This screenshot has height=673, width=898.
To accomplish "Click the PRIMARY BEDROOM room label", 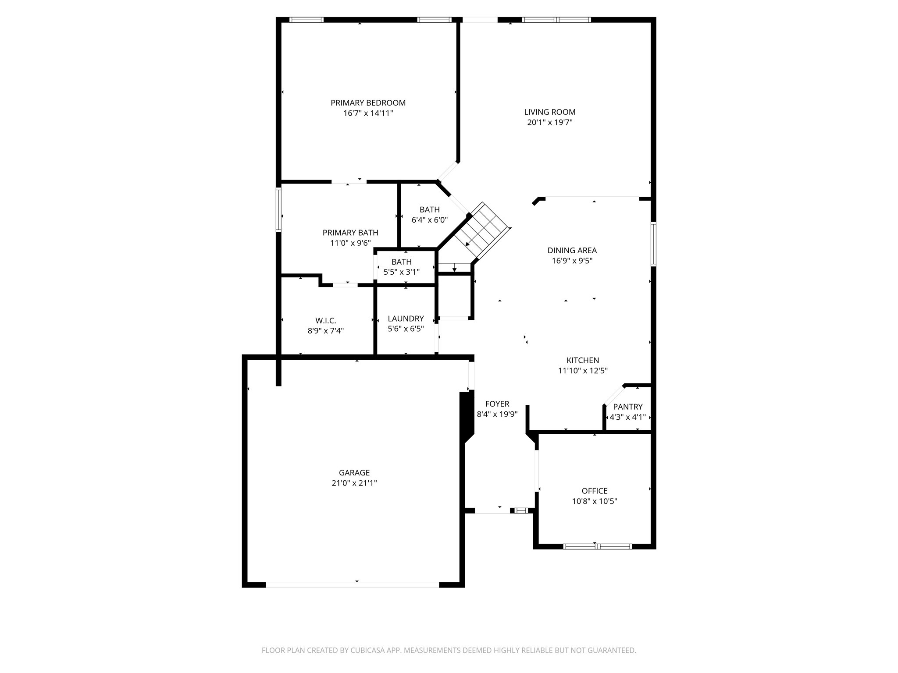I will click(x=368, y=103).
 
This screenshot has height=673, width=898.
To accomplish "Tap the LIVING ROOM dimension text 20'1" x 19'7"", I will click(x=550, y=123).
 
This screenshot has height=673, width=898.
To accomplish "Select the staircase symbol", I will click(x=482, y=230).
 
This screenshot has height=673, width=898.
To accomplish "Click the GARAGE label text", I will click(x=354, y=473).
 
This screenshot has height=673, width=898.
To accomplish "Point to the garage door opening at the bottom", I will click(x=352, y=584).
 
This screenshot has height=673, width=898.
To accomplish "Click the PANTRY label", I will click(x=627, y=407).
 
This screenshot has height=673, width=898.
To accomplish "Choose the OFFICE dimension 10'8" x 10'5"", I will click(x=595, y=501).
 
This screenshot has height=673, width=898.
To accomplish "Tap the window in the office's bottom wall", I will click(x=597, y=546).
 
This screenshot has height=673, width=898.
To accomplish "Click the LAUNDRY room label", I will click(x=406, y=319).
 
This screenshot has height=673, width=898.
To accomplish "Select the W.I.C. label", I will click(x=325, y=321).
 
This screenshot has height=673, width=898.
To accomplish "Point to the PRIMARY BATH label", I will click(x=350, y=233).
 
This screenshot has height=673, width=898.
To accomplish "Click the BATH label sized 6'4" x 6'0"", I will click(x=429, y=209).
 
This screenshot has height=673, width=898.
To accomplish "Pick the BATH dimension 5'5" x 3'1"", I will click(x=402, y=272).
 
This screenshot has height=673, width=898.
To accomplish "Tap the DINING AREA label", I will click(x=572, y=251).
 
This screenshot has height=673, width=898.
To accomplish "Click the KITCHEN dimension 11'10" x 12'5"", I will click(x=582, y=371).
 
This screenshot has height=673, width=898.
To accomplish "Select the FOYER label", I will click(x=497, y=404).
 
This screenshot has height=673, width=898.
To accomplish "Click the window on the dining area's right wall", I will click(x=653, y=244).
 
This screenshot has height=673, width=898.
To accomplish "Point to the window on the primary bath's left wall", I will click(x=278, y=209).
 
